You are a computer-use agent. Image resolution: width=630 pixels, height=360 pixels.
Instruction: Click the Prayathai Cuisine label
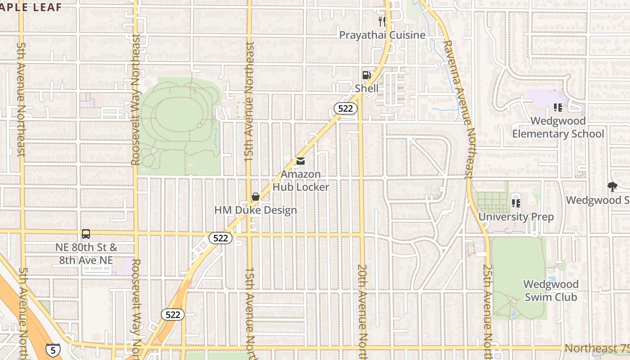[x=382, y=35]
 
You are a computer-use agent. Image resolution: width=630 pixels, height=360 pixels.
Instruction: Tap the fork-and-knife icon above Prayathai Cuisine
[x=382, y=21]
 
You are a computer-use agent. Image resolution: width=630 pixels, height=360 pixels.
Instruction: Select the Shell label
[x=367, y=88]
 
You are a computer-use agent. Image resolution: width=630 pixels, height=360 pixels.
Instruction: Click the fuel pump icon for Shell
[x=367, y=75]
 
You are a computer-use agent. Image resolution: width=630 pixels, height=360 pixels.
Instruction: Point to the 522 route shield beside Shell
[x=346, y=108]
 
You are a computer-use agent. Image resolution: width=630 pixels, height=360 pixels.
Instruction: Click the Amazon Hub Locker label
[x=301, y=180]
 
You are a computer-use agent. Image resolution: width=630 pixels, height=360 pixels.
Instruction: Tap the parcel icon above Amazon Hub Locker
[x=301, y=161]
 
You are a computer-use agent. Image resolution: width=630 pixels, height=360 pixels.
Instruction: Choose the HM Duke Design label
[x=256, y=210]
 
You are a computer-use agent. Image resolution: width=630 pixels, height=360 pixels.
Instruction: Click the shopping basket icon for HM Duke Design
[x=256, y=197]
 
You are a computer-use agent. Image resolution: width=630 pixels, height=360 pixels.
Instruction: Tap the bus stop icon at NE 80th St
[x=86, y=234]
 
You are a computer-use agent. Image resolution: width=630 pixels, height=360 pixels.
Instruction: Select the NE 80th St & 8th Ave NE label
[x=86, y=254]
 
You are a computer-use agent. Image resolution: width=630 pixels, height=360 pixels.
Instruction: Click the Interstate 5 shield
[x=53, y=350]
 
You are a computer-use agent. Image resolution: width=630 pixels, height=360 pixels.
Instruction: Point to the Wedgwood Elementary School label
[x=558, y=127]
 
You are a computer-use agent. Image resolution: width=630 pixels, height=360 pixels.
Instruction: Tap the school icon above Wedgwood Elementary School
[x=558, y=108]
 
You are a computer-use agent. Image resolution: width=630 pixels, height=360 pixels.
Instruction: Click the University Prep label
[x=516, y=217]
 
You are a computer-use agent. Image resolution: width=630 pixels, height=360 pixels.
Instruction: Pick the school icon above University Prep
[x=516, y=203]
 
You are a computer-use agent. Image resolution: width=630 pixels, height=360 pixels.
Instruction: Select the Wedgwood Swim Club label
[x=551, y=291]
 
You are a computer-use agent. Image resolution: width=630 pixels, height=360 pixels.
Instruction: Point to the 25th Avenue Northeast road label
[x=488, y=310]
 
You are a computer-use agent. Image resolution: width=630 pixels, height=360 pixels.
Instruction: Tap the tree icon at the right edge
[x=612, y=186]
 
